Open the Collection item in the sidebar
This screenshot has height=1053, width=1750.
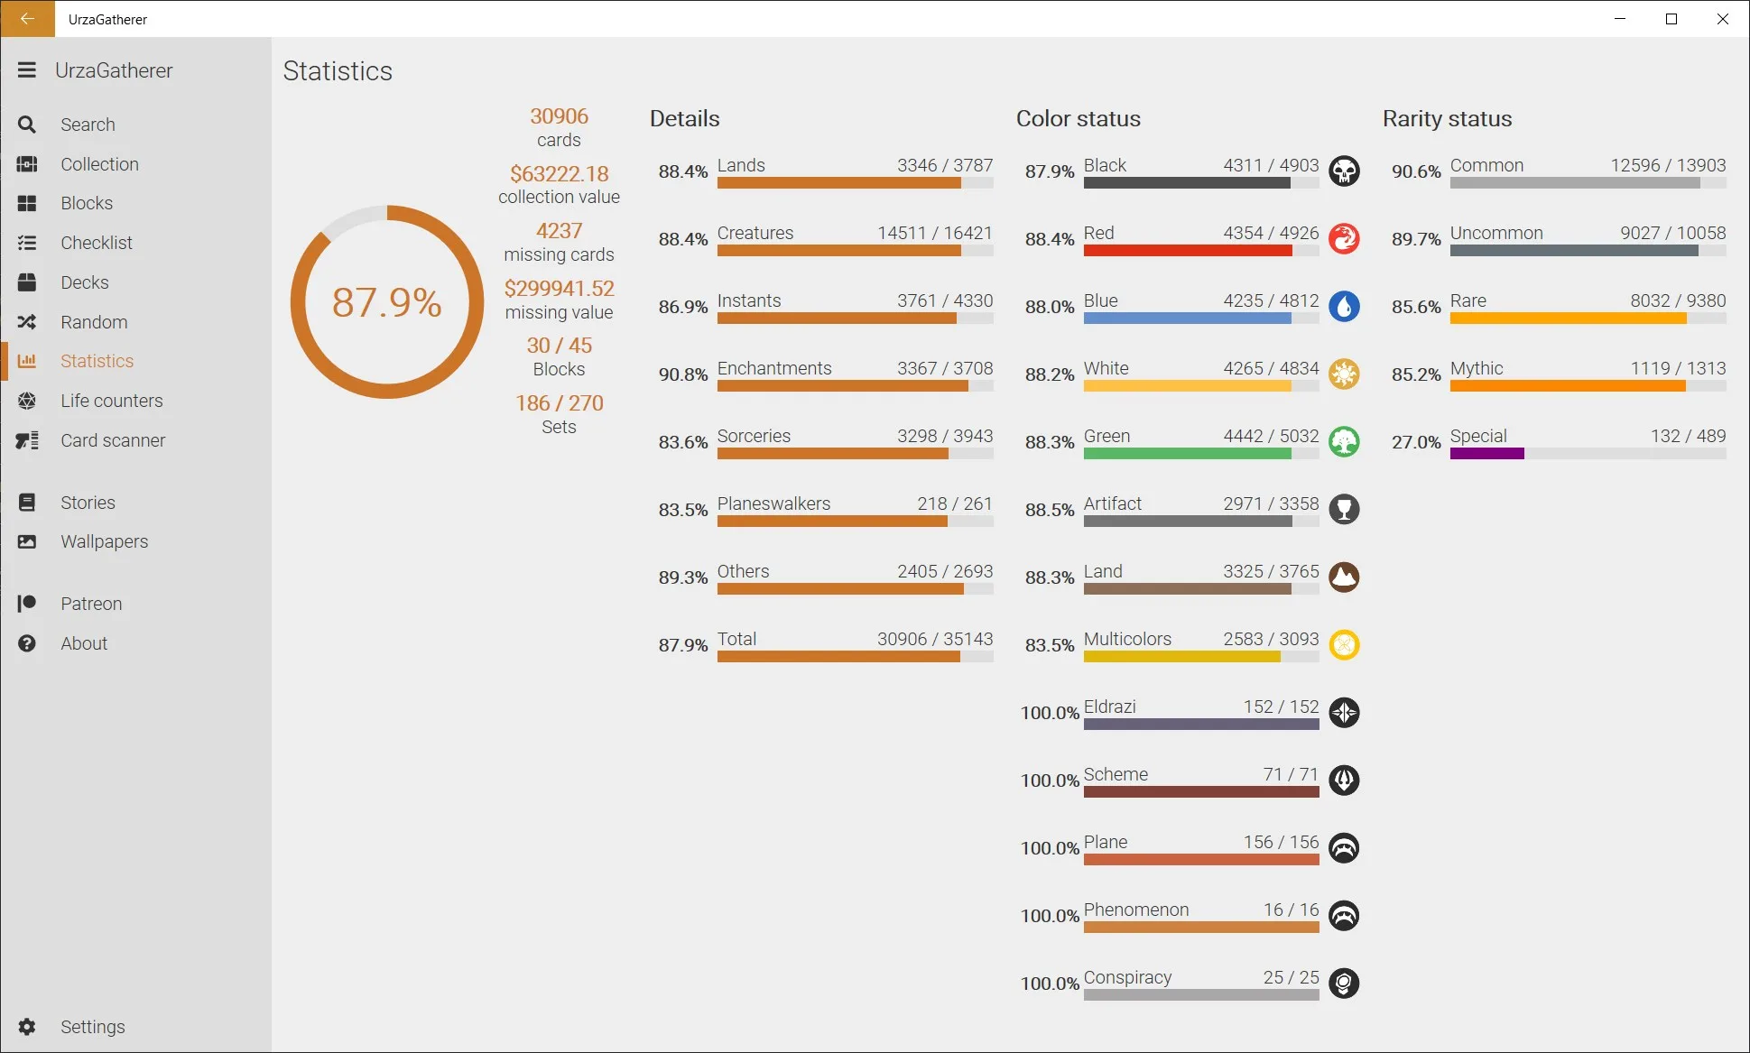coord(99,164)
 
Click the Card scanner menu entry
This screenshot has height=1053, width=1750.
coord(113,440)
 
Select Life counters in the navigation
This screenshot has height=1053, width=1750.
coord(112,401)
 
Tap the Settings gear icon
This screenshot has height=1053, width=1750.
coord(27,1027)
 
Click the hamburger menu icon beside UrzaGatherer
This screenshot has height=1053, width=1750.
coord(27,70)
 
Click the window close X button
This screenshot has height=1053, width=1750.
coord(1723,19)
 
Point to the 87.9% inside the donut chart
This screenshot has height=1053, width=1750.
coord(387,302)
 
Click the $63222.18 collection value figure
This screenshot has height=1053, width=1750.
coord(560,173)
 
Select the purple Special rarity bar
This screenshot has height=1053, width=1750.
coord(1487,454)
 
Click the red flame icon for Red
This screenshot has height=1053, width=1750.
coord(1344,239)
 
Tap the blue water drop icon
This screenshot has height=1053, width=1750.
coord(1344,307)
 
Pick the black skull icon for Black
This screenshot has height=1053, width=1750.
coord(1344,171)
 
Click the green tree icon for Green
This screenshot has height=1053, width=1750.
coord(1344,442)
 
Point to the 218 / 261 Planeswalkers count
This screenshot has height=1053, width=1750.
coord(955,503)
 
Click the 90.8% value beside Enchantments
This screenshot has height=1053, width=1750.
coord(683,374)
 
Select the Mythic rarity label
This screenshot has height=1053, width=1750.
coord(1477,368)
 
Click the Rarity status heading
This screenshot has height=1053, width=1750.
coord(1448,118)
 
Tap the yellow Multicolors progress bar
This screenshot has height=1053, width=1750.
coord(1182,657)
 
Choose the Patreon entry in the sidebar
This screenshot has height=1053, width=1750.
coord(91,604)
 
